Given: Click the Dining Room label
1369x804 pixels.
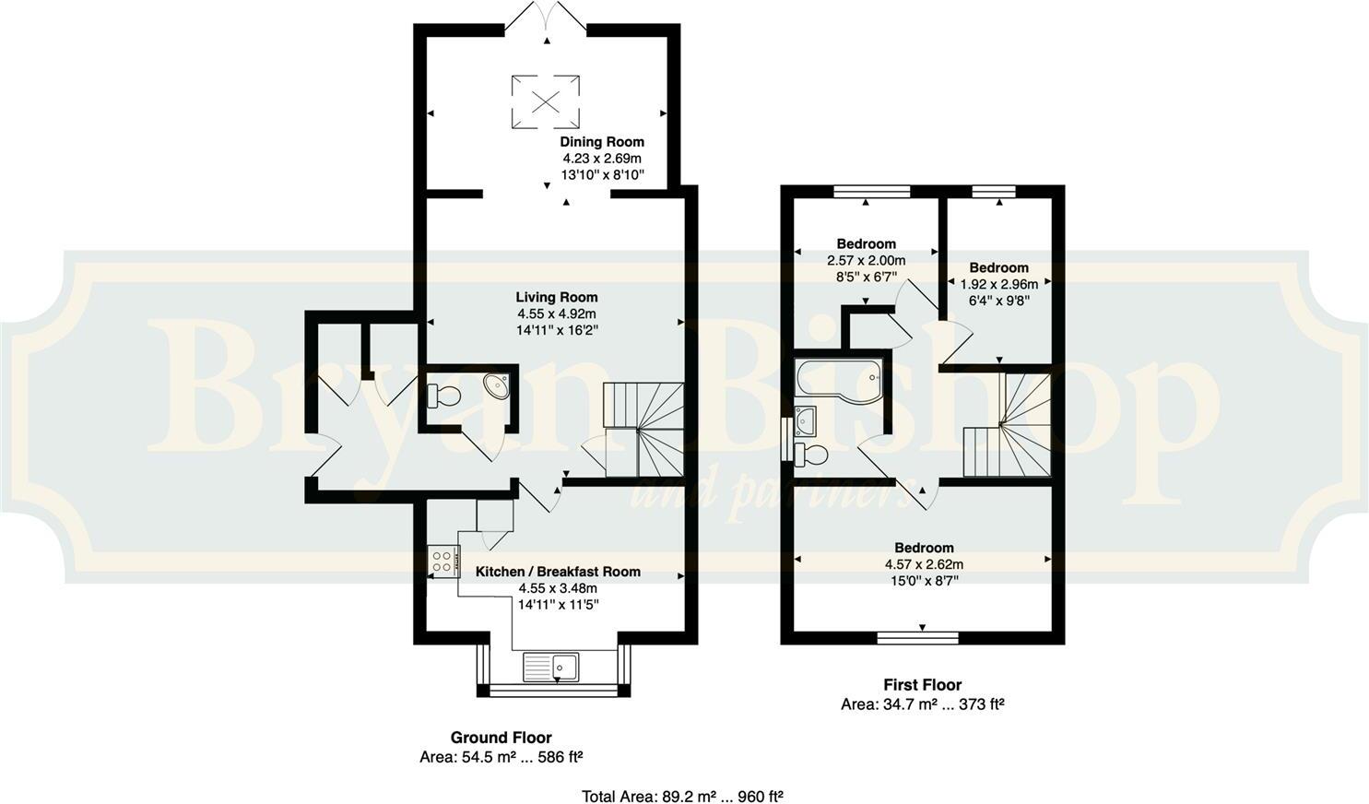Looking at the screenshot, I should pyautogui.click(x=602, y=142).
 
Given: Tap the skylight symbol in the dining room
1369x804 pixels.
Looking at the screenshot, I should pyautogui.click(x=547, y=100).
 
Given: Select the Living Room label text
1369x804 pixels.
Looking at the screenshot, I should pyautogui.click(x=556, y=297).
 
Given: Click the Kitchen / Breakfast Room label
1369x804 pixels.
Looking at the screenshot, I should pyautogui.click(x=558, y=572).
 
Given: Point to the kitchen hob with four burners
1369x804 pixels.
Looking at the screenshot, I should pyautogui.click(x=443, y=561).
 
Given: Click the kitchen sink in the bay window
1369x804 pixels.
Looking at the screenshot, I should pyautogui.click(x=550, y=666).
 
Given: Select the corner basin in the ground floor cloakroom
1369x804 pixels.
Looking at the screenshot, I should pyautogui.click(x=496, y=385).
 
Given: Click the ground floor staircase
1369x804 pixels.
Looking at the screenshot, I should pyautogui.click(x=644, y=429).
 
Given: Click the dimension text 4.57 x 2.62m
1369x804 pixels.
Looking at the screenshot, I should pyautogui.click(x=924, y=564).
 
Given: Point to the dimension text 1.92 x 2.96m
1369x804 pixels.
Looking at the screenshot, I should pyautogui.click(x=998, y=284).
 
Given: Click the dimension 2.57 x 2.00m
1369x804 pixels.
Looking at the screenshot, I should pyautogui.click(x=866, y=260).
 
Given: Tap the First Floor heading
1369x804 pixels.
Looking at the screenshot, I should pyautogui.click(x=922, y=685).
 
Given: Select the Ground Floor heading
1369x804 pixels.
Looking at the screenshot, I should pyautogui.click(x=501, y=738).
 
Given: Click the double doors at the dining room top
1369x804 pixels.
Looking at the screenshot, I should pyautogui.click(x=546, y=18).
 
